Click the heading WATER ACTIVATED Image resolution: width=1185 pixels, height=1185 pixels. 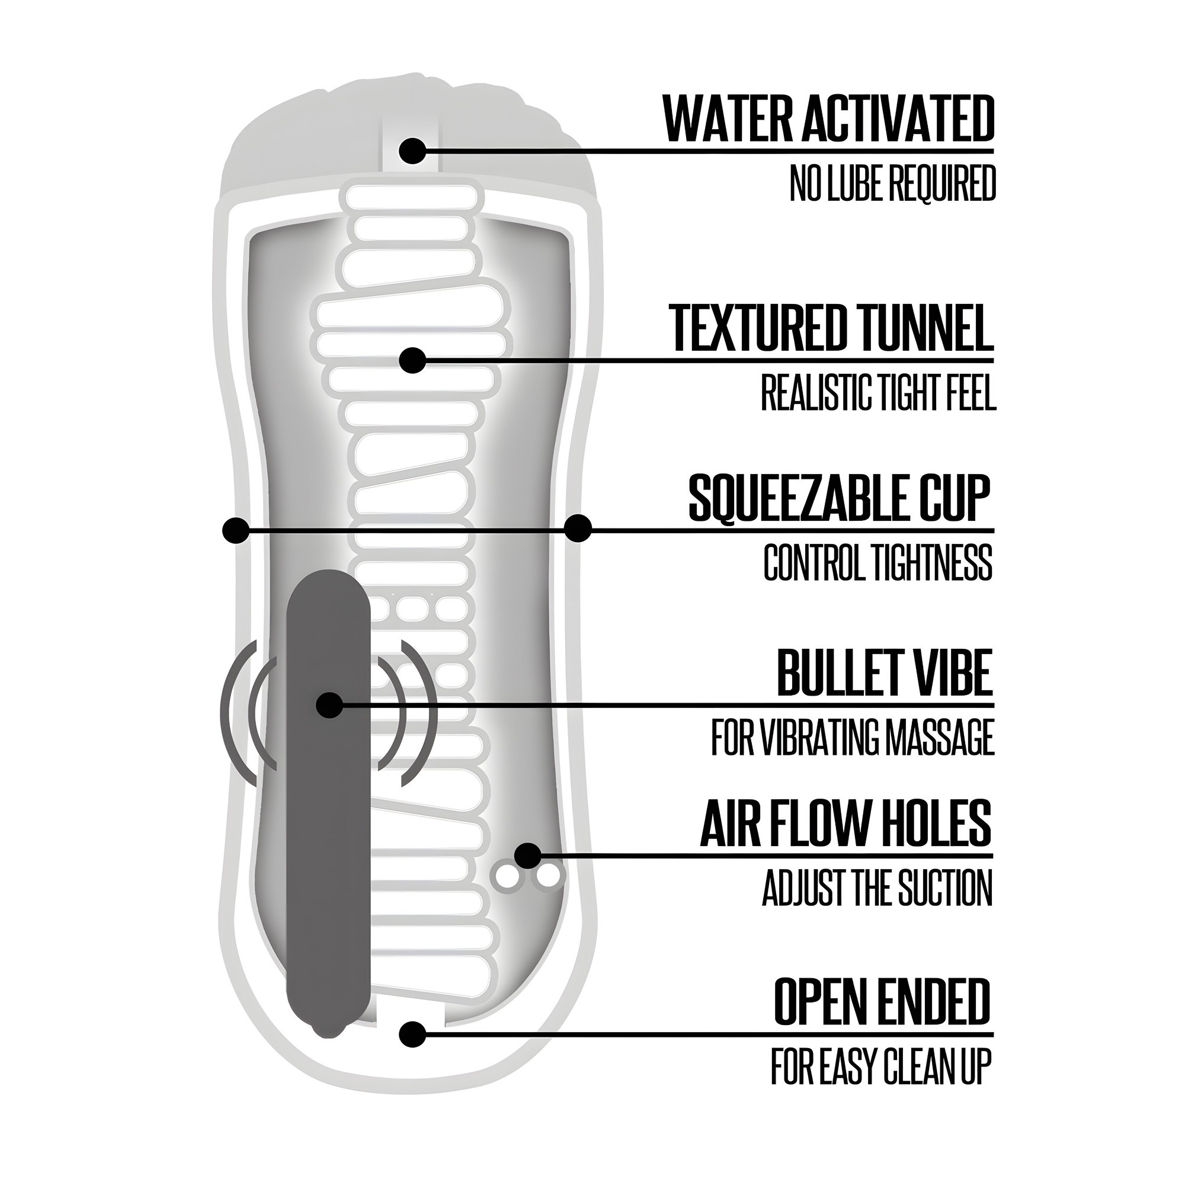pos(829,118)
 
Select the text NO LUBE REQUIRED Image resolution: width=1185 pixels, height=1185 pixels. pos(892,182)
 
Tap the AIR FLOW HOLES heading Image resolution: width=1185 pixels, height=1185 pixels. pos(846,822)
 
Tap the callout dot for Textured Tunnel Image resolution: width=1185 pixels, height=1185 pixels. pos(412,361)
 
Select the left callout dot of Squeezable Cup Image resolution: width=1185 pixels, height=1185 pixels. pos(236,529)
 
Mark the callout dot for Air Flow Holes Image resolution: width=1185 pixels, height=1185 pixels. pos(528,856)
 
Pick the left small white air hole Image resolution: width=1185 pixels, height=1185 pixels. pos(508,876)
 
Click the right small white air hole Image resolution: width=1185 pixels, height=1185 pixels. pos(546,876)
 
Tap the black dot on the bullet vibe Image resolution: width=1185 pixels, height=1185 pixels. pos(330,705)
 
